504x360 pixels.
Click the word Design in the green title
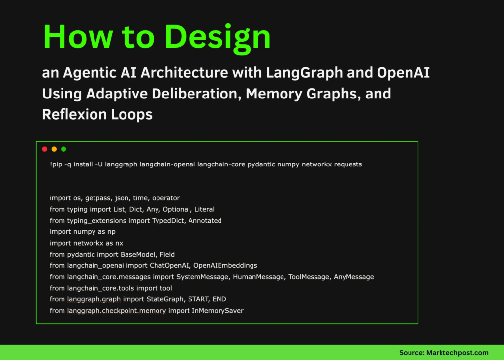(x=216, y=37)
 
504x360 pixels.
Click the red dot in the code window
(x=44, y=149)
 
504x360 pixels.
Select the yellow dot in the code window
(x=54, y=149)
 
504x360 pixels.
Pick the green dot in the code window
(x=63, y=149)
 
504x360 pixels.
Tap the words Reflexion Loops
(x=97, y=114)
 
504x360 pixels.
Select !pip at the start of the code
(x=56, y=164)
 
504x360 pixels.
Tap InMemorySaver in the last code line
(x=218, y=310)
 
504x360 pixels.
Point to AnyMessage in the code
(x=353, y=277)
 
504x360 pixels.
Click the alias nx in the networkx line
(x=118, y=243)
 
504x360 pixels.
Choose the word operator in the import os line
(x=165, y=198)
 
